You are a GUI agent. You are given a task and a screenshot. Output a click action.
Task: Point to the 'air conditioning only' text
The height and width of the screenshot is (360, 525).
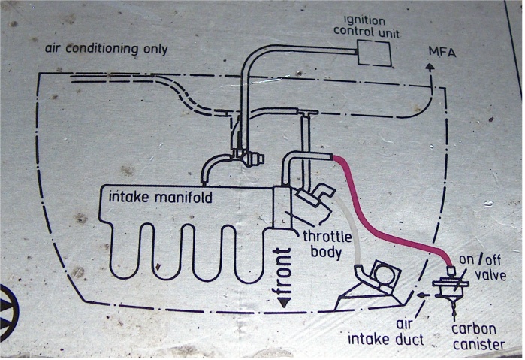coord(106,50)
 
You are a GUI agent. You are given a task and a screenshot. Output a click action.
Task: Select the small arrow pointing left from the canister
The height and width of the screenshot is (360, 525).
coord(421,297)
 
